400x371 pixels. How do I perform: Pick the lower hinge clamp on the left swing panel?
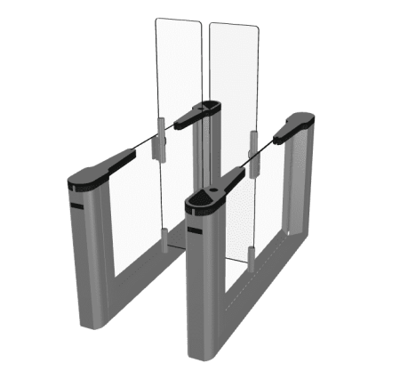pyautogui.click(x=164, y=235)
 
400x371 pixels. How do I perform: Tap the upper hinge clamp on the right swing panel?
pyautogui.click(x=252, y=142)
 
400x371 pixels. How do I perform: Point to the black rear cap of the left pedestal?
pyautogui.click(x=197, y=113)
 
